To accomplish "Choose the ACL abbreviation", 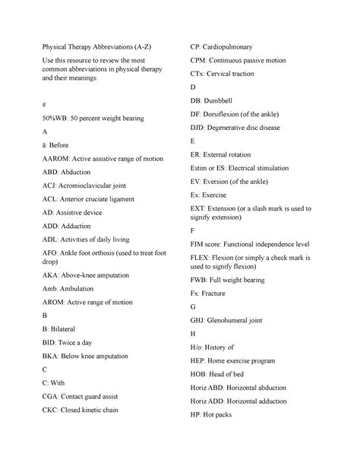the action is click(x=31, y=198).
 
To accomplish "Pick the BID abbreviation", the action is click(x=30, y=343).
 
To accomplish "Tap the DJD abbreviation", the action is click(x=199, y=128).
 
